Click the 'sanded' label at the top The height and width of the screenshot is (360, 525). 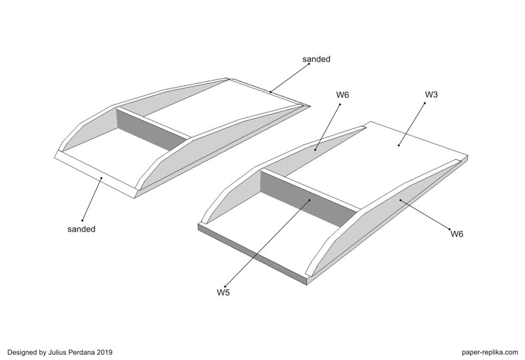tap(316, 59)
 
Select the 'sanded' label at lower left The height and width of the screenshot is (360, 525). tap(81, 229)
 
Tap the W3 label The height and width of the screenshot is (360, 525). tap(431, 95)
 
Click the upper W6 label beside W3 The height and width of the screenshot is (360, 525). tap(343, 95)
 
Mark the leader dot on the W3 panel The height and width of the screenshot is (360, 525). tap(398, 144)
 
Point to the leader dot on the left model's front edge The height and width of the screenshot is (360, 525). tap(101, 177)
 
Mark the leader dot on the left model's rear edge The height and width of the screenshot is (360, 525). tap(269, 91)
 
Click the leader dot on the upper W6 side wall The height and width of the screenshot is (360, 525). tap(315, 150)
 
